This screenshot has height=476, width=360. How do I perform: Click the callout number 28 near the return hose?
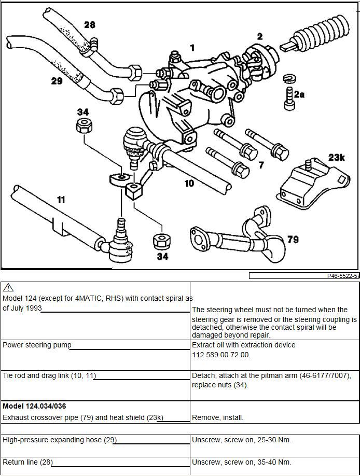coord(89,24)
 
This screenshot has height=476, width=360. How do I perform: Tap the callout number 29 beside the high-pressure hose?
coord(57,81)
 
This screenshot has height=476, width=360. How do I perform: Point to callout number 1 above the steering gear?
coord(192,48)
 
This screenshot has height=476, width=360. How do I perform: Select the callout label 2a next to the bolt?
coord(299,94)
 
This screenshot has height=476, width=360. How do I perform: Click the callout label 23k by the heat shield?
coord(337,157)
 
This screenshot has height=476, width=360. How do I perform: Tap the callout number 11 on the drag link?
coord(61,199)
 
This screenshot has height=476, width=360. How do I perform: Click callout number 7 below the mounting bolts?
coord(261,165)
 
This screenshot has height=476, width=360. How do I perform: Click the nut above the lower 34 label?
coord(162,241)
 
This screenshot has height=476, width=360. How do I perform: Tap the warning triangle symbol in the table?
coord(8,288)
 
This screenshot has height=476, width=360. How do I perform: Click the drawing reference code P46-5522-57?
coord(343,276)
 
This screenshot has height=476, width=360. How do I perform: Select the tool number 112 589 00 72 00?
coord(221,355)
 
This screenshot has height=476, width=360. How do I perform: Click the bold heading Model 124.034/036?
coord(34,406)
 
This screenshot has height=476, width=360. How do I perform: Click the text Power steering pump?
coord(37,345)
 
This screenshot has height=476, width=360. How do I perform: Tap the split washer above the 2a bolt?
coord(289,79)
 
